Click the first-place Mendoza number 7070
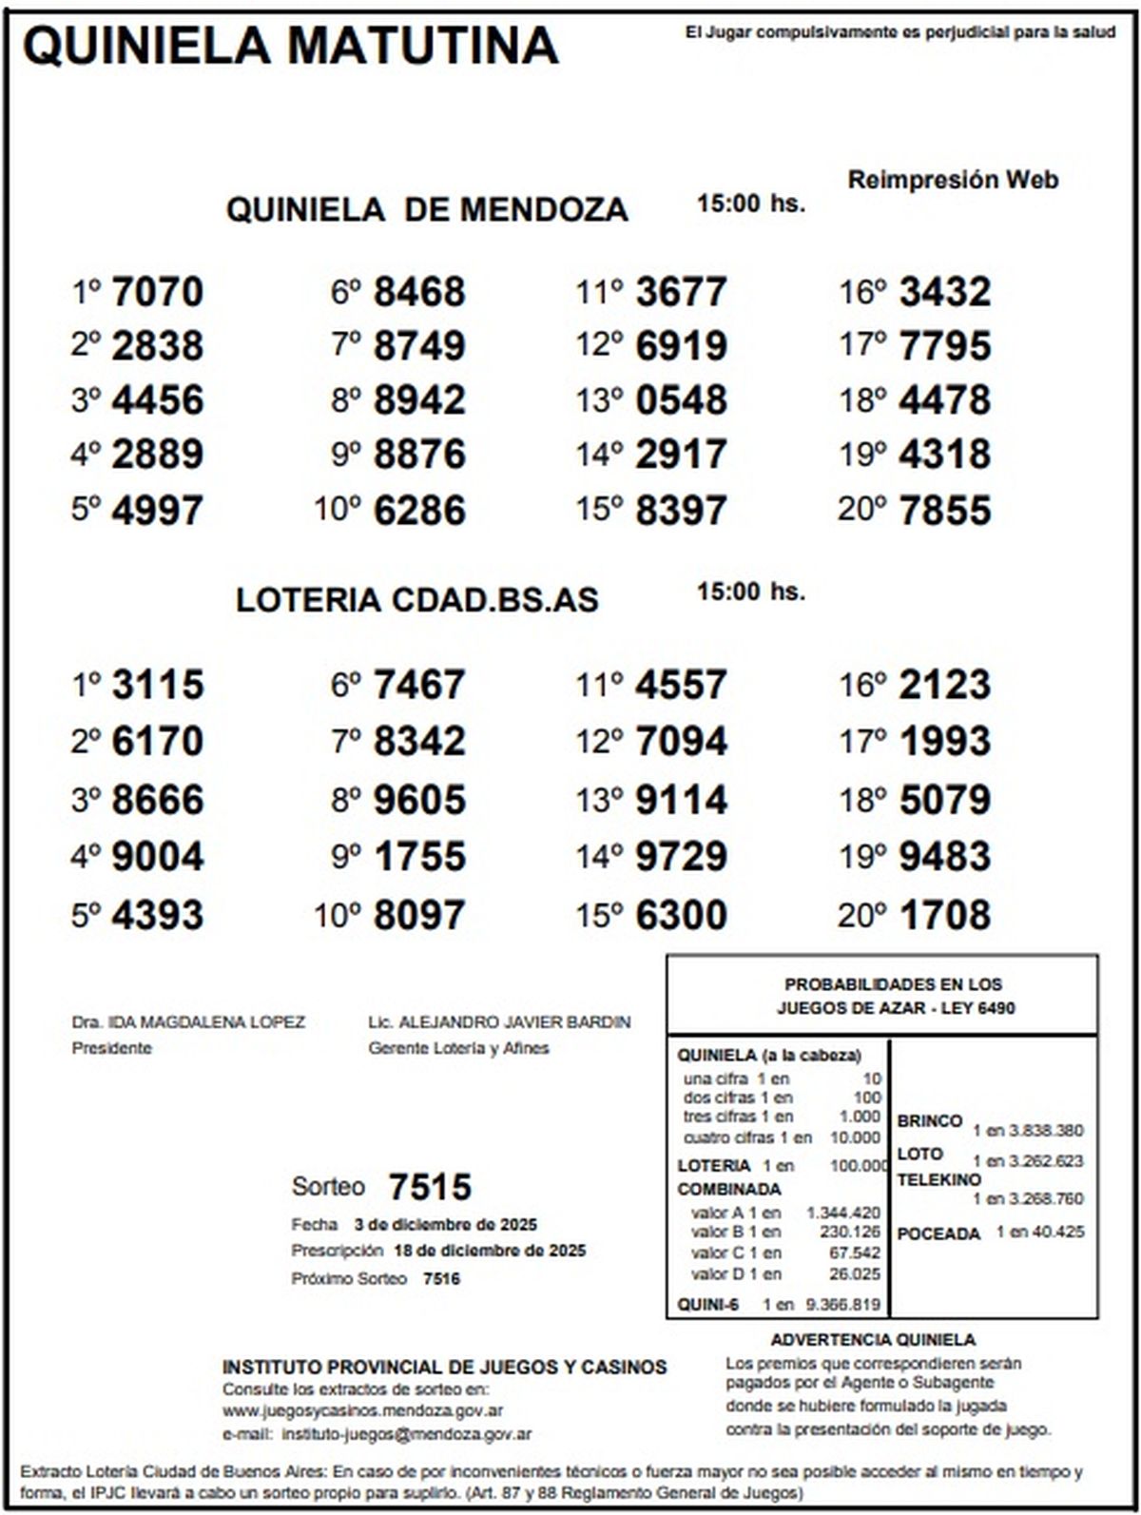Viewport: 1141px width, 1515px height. [157, 292]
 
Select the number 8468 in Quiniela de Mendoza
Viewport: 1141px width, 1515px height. [419, 292]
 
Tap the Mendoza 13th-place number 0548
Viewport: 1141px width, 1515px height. [681, 400]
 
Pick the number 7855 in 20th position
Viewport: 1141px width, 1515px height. [944, 511]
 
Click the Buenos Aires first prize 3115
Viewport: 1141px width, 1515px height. [157, 685]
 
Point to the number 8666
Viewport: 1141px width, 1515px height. [157, 800]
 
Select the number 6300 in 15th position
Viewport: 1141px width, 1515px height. [681, 915]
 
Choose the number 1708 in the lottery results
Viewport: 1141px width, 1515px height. [944, 915]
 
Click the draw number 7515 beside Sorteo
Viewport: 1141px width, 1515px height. [430, 1187]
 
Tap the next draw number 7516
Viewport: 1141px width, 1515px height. [441, 1279]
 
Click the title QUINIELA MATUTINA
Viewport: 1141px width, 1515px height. [290, 45]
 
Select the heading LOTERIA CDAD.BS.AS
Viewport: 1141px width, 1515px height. [417, 600]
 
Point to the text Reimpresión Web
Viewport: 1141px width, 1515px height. [953, 180]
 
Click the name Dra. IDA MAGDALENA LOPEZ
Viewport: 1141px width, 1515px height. [188, 1022]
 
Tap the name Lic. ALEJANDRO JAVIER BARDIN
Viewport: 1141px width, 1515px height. [499, 1022]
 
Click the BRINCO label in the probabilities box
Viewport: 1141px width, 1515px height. [929, 1121]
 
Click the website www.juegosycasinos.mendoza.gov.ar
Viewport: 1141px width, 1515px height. [362, 1411]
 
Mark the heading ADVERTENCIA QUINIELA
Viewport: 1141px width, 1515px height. [872, 1340]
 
